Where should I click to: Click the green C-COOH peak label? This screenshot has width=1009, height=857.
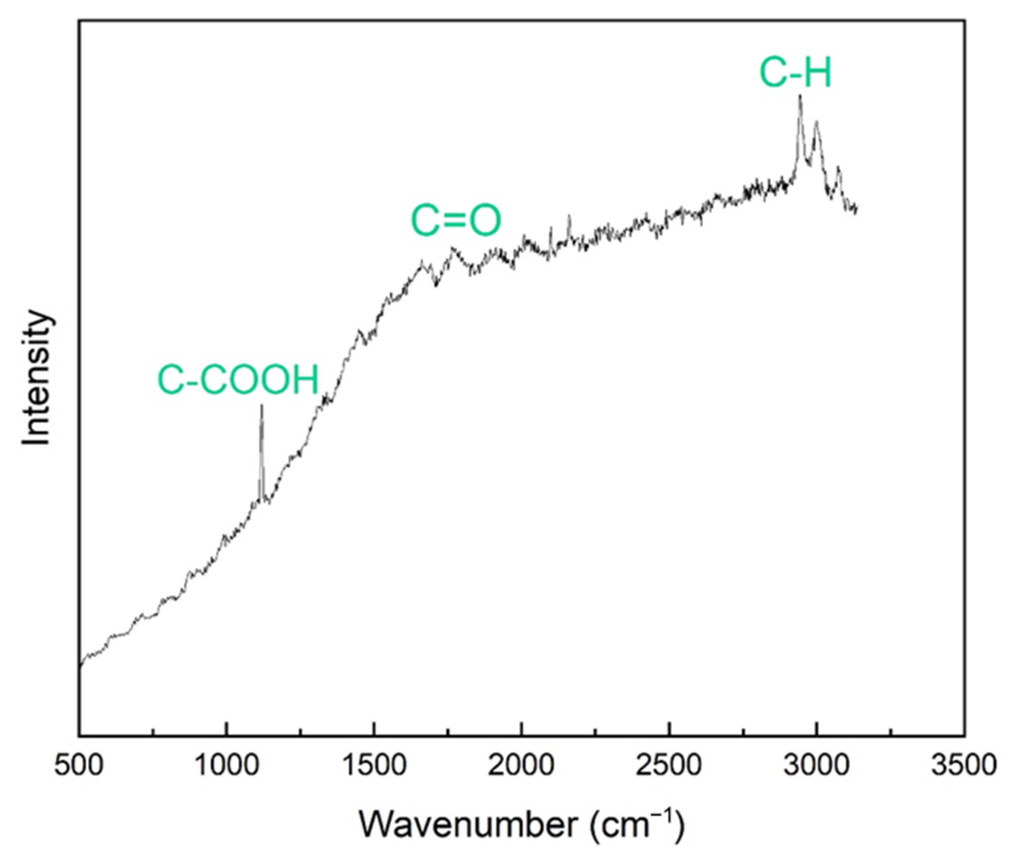[x=238, y=380]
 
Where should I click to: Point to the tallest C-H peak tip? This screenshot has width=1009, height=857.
[x=800, y=96]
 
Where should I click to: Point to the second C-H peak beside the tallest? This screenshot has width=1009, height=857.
[x=816, y=121]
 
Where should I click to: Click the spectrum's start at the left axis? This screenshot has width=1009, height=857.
[x=80, y=666]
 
